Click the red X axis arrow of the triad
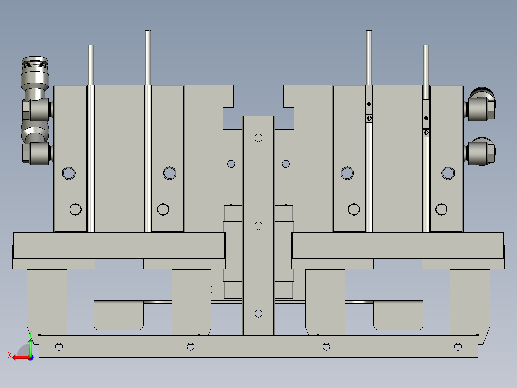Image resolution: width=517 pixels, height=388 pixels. pos(18,357)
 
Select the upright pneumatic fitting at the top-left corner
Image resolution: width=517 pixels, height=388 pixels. pos(35,72)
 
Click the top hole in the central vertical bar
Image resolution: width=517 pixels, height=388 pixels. pos(258,138)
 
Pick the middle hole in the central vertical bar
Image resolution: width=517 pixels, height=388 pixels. pos(258,226)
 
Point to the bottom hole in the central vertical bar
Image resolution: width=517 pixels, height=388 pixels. pos(258,314)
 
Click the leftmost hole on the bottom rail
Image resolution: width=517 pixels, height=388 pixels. pos(59,346)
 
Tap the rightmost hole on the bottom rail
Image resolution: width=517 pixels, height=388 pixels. pos(458,346)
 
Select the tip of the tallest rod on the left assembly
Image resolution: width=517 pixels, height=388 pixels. pos(148,33)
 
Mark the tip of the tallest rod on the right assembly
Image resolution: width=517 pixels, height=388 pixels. pos(369,33)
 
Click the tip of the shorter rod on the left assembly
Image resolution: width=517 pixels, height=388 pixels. pos(91,47)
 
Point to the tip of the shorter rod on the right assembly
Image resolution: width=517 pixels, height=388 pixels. pos(426,47)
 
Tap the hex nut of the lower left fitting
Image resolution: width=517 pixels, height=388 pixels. pos(26,153)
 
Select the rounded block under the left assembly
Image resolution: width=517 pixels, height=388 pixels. pos(119,315)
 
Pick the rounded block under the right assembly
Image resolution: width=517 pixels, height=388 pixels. pos(398,315)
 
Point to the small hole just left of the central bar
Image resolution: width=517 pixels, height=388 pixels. pos(231,164)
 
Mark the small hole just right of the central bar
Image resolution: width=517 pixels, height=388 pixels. pos(286,164)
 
